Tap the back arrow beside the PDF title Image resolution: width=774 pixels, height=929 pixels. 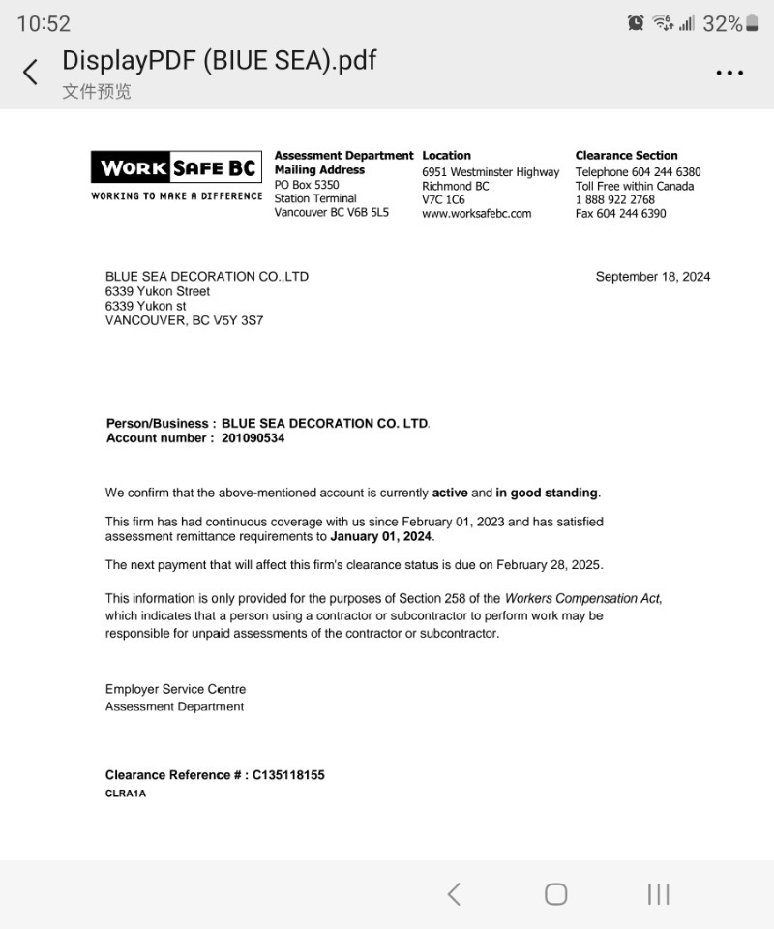[x=31, y=72]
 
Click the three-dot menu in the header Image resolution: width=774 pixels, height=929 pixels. [x=729, y=73]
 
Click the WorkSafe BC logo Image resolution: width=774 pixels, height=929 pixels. [x=176, y=168]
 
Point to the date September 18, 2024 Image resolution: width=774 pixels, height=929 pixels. [x=653, y=277]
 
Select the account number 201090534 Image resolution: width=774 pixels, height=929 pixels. [x=247, y=438]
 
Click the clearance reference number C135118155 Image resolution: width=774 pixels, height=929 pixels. [x=288, y=775]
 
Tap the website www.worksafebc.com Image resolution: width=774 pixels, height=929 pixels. [x=477, y=214]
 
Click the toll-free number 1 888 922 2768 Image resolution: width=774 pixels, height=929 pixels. [x=615, y=200]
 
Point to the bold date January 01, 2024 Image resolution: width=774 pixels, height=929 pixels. [x=382, y=536]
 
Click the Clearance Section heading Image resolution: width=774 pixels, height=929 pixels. [x=626, y=156]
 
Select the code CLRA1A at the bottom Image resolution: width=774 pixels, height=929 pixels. [x=126, y=794]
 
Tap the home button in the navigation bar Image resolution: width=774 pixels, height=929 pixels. [x=555, y=894]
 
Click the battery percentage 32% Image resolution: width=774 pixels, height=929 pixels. [x=722, y=24]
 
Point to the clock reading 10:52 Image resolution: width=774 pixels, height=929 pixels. [x=44, y=24]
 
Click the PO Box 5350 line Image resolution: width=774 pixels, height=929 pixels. [x=307, y=185]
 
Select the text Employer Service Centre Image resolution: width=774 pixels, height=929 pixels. [x=175, y=690]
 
